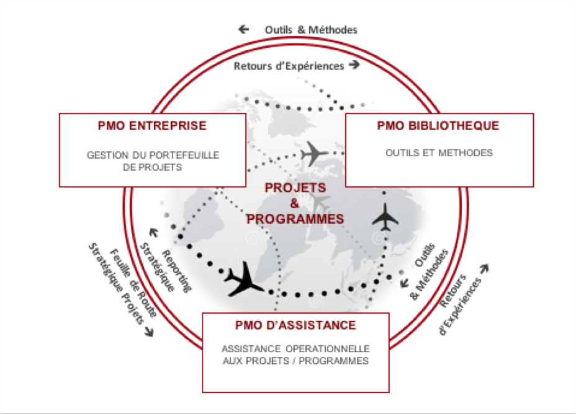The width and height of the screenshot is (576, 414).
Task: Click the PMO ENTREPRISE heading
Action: point(152,126)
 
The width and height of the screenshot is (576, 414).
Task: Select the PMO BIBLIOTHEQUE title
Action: point(438,126)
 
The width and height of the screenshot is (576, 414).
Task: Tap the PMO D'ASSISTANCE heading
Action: point(295,325)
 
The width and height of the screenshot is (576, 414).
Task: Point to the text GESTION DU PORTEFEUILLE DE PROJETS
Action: point(153,161)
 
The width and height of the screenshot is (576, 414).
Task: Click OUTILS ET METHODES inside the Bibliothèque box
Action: point(439,152)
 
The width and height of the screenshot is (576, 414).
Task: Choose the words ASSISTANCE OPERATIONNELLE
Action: point(295,348)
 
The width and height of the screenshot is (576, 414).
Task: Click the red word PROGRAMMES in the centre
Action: point(295,219)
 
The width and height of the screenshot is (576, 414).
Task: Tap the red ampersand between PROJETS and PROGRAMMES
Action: point(295,203)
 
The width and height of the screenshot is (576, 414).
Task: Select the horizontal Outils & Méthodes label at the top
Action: point(311,30)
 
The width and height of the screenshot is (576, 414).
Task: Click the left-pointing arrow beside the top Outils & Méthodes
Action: point(243,29)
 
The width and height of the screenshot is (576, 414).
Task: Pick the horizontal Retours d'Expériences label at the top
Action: point(289,66)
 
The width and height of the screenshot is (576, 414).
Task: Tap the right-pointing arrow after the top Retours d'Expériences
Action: point(354,65)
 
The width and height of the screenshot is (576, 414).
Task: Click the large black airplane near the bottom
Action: point(243,280)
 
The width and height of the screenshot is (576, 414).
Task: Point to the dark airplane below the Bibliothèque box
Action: point(385,217)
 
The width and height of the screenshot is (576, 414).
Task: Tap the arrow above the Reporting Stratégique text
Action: point(153,232)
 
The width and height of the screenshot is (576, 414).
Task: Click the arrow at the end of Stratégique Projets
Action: point(149,332)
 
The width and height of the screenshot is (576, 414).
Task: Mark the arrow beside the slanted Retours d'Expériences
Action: point(485,268)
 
